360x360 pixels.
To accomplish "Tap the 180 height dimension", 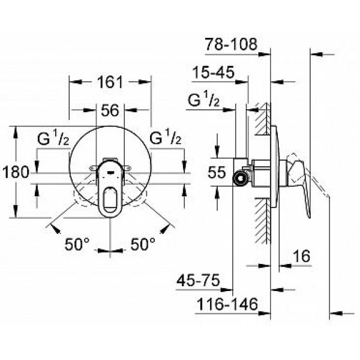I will [15, 172].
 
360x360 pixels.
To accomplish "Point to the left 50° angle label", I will [77, 244].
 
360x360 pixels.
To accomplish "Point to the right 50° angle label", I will [143, 244].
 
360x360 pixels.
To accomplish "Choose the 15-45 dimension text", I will [212, 73].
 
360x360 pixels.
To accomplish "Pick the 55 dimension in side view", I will [216, 172].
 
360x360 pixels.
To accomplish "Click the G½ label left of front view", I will [55, 140].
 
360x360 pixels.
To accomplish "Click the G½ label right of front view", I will [166, 140].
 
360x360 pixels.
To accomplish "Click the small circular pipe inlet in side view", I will [239, 177].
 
